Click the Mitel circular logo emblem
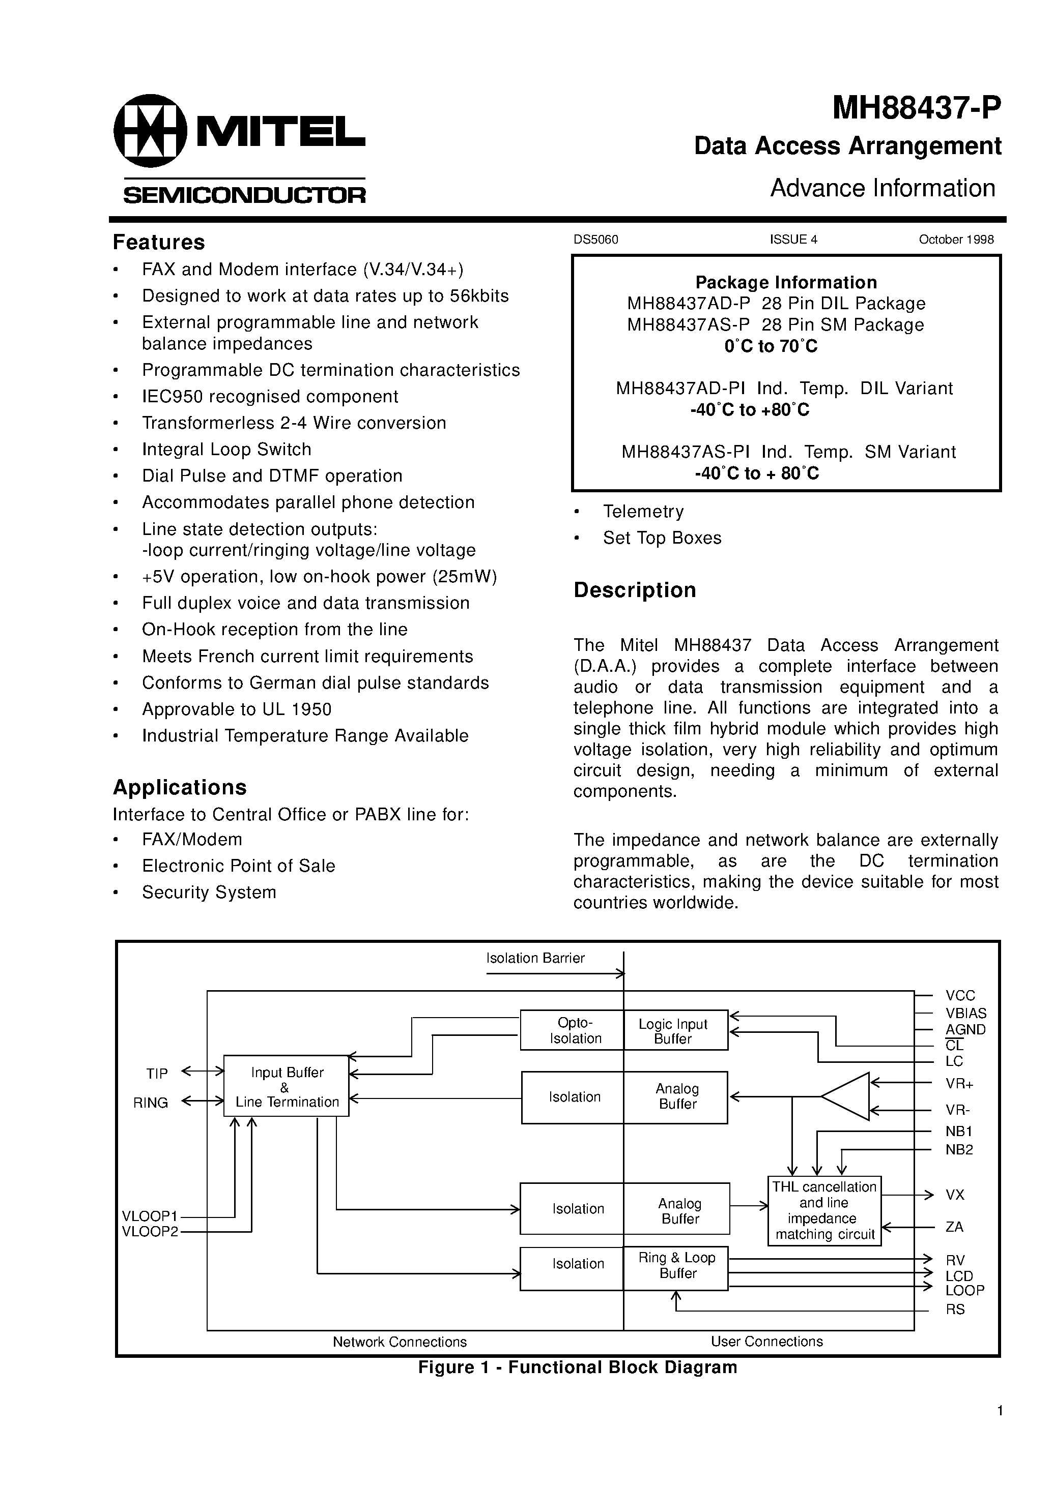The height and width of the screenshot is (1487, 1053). point(150,131)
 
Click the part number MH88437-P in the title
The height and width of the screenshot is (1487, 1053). point(916,108)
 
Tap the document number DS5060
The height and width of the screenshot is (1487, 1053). point(595,240)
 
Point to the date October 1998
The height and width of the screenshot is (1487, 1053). point(956,240)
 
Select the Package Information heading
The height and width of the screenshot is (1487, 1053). point(786,282)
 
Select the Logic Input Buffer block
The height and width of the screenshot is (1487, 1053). point(674,1030)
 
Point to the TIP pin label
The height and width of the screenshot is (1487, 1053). point(157,1074)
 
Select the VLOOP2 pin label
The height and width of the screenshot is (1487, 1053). point(150,1232)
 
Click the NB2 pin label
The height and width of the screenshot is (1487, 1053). point(959,1150)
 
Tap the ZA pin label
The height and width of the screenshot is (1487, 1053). point(954,1227)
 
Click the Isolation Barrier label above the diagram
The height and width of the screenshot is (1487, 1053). point(535,958)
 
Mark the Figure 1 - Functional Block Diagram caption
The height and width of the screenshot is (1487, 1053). point(577,1367)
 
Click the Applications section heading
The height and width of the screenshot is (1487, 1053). point(180,787)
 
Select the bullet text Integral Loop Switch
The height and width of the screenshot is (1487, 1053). point(226,449)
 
